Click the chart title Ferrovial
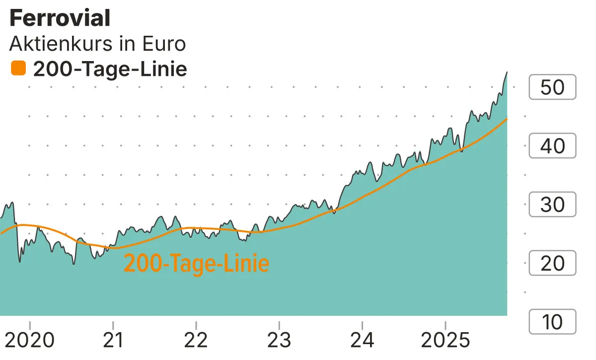[x=60, y=19]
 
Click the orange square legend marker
[x=18, y=68]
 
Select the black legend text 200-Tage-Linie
[x=110, y=69]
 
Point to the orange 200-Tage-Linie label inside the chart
[x=196, y=263]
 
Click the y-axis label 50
[x=552, y=87]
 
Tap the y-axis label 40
[x=552, y=146]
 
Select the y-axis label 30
[x=552, y=205]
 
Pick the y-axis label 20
[x=552, y=263]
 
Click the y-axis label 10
[x=552, y=322]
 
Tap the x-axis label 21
[x=113, y=341]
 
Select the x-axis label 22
[x=196, y=341]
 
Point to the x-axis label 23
[x=279, y=341]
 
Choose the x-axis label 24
[x=363, y=341]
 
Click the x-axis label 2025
[x=445, y=341]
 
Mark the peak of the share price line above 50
[x=507, y=72]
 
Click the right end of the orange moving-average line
[x=507, y=119]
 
